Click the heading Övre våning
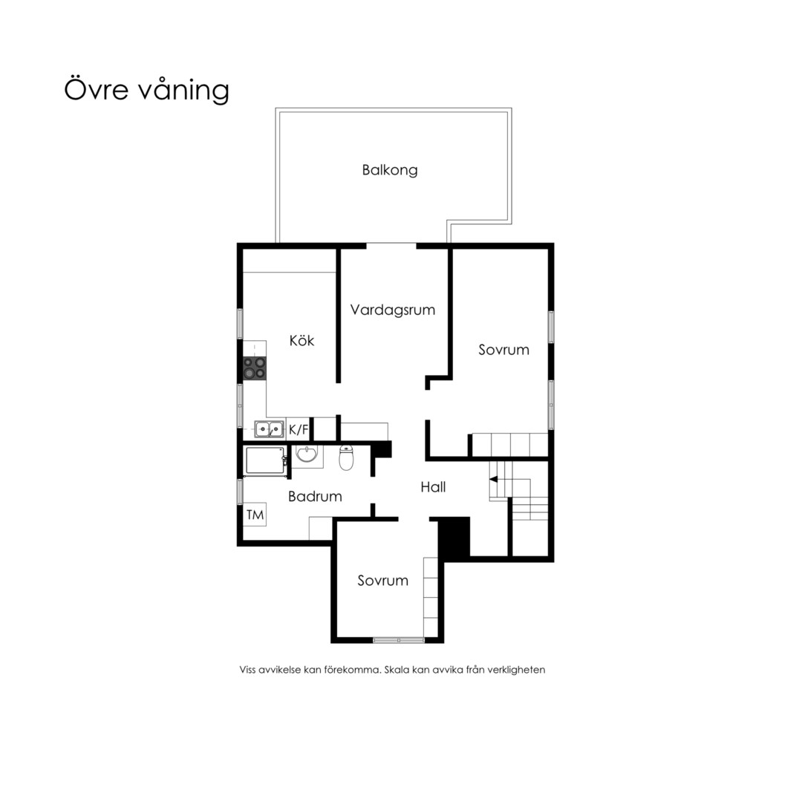[x=146, y=90]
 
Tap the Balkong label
[x=390, y=170]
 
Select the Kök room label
[x=301, y=340]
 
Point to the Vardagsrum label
[x=392, y=310]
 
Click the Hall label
[x=433, y=487]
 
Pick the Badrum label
[x=315, y=496]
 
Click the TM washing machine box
[x=255, y=515]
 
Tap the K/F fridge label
[x=299, y=429]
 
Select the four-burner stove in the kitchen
[x=254, y=368]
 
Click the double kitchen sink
[x=269, y=429]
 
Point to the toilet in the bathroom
[x=346, y=457]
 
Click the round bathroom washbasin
[x=307, y=454]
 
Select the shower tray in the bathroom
[x=265, y=461]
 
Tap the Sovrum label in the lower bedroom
[x=382, y=581]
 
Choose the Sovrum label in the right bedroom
[x=503, y=350]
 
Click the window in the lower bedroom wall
[x=399, y=640]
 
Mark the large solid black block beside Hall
[x=454, y=537]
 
